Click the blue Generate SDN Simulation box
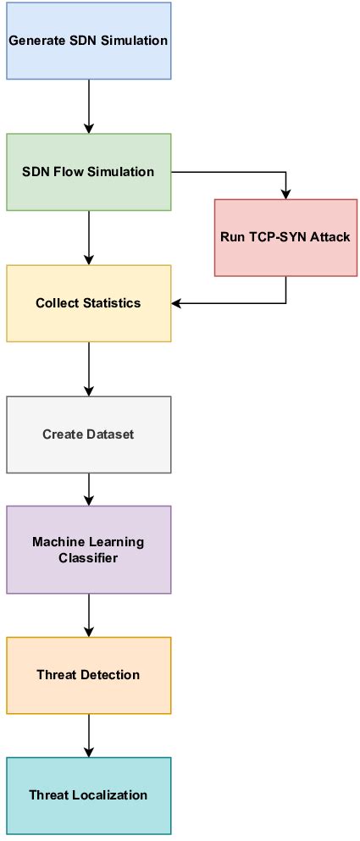[89, 41]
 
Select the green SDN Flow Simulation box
[89, 172]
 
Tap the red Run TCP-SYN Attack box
[286, 238]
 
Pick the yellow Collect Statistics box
[89, 303]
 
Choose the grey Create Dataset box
[89, 434]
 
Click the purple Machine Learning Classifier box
[89, 550]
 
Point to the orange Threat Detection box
[89, 675]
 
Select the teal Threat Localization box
[89, 795]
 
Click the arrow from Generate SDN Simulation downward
[89, 106]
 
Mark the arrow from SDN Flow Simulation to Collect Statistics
[89, 237]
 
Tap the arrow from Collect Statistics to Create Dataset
[89, 368]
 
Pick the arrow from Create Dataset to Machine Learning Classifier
[89, 489]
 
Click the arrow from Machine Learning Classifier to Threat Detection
[89, 615]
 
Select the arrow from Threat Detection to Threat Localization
[89, 735]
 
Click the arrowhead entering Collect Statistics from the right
[177, 303]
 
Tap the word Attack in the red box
[330, 238]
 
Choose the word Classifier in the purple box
[89, 558]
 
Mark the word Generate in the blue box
[33, 41]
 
